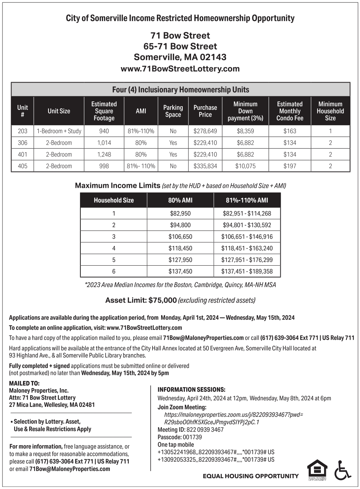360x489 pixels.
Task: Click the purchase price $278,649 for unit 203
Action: point(205,131)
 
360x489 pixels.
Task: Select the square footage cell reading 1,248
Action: point(104,154)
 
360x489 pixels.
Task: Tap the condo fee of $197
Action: point(290,166)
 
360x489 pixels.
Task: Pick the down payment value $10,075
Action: point(245,166)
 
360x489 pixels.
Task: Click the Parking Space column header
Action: point(173,111)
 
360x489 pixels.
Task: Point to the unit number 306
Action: point(23,143)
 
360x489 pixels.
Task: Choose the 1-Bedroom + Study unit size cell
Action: point(59,131)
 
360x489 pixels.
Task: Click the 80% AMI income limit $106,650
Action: point(180,237)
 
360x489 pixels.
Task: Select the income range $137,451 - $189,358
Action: point(247,271)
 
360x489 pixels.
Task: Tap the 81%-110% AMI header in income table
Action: point(247,200)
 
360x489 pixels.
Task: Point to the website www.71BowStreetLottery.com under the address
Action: point(180,69)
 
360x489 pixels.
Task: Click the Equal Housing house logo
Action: point(317,469)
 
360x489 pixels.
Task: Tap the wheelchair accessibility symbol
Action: point(343,470)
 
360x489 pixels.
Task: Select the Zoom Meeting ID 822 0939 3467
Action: point(205,430)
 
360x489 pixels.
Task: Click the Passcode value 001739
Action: point(192,437)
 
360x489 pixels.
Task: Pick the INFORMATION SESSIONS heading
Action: point(191,390)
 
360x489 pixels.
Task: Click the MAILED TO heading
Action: point(24,383)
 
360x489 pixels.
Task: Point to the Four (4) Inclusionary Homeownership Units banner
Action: point(181,90)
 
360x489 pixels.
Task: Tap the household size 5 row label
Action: point(114,260)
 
